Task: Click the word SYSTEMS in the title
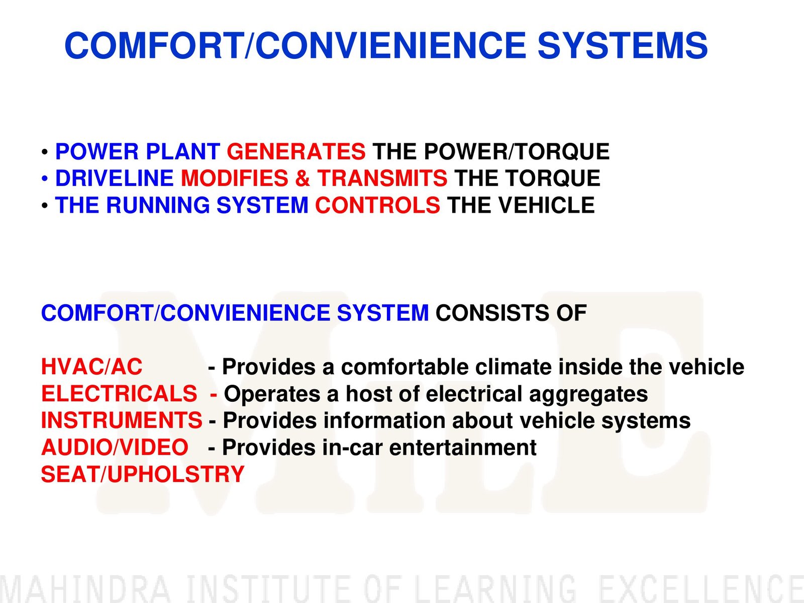(x=622, y=45)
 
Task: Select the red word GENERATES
(x=296, y=151)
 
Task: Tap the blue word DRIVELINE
(x=114, y=178)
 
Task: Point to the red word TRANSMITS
(x=382, y=178)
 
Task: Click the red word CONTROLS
(x=377, y=205)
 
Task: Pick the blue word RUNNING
(x=158, y=205)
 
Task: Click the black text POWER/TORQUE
(x=517, y=151)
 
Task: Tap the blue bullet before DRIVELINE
(x=45, y=179)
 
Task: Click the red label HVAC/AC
(x=91, y=367)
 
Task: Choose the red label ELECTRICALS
(x=119, y=394)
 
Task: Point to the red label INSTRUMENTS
(x=122, y=420)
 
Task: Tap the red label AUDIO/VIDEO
(x=115, y=447)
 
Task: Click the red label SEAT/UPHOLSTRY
(x=143, y=474)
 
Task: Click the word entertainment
(x=463, y=447)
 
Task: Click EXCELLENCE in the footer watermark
(x=701, y=589)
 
